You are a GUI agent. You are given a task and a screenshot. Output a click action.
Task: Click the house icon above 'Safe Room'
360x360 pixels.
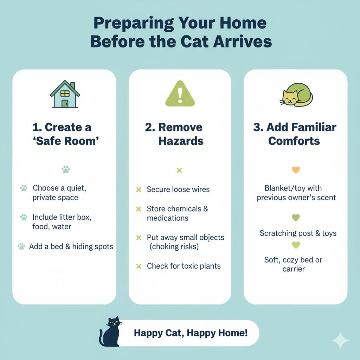pos(65,94)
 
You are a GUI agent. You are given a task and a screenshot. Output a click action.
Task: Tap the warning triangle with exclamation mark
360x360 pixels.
pos(180,94)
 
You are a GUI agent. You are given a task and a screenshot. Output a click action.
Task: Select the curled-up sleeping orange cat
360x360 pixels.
pos(296,95)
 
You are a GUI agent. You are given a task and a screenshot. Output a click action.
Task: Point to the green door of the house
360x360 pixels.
pos(65,103)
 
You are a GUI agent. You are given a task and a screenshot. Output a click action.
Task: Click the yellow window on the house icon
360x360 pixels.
pos(65,94)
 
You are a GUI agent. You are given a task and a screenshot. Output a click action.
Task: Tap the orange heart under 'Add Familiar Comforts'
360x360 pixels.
pos(296,170)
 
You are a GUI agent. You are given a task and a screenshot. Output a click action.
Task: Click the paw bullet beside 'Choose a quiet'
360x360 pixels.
pos(24,188)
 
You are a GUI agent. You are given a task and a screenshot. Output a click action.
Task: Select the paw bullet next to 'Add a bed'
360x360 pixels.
pos(21,246)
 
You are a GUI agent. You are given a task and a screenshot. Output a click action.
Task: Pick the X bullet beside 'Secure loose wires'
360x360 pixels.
pos(139,189)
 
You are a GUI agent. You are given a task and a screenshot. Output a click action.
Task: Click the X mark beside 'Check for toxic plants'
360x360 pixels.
pos(139,266)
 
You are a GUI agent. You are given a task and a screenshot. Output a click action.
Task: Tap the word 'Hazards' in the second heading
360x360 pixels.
pos(181,141)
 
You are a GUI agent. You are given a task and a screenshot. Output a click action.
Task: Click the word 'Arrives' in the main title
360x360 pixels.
pos(243,42)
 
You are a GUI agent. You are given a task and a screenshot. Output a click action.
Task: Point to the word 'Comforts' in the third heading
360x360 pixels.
pos(294,141)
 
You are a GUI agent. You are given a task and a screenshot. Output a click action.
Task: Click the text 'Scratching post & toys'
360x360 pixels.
pos(298,233)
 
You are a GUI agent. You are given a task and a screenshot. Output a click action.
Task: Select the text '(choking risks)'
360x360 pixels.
pos(174,246)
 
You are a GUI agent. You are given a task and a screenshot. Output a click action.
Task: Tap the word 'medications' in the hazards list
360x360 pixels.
pos(168,218)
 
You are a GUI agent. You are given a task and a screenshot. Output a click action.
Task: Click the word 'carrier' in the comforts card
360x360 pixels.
pos(294,269)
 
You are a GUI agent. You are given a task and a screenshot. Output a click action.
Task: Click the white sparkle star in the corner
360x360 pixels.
pos(340,340)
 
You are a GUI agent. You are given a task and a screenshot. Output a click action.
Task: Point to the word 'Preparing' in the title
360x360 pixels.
pos(134,24)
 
